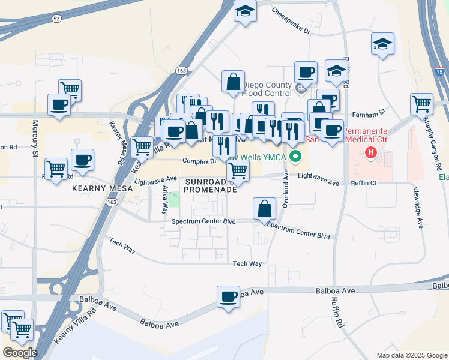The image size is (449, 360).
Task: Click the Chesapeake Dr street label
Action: click(x=291, y=20)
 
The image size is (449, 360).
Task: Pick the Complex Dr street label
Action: click(x=199, y=161)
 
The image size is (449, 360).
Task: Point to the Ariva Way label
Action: click(x=164, y=200)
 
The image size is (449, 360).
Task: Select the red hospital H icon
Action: click(x=371, y=153)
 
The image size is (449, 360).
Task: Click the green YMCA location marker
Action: click(x=295, y=158)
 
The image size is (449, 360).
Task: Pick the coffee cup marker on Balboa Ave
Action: click(x=229, y=296)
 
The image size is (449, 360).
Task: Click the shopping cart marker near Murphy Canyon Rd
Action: click(x=422, y=103)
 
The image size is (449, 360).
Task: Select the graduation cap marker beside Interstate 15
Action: click(x=382, y=44)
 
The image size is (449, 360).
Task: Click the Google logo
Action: click(x=20, y=353)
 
